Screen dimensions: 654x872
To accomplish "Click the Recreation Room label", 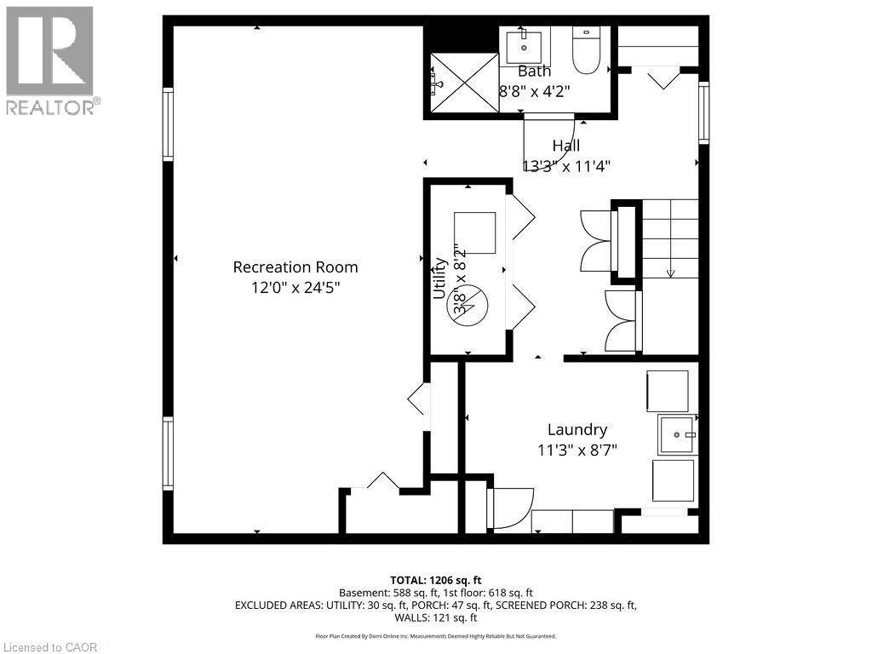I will click(x=295, y=267).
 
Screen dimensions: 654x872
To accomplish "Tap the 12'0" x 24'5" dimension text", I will click(x=295, y=288).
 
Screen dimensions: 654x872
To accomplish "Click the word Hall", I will click(x=565, y=146).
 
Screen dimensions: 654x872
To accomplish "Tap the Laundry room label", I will click(x=577, y=430).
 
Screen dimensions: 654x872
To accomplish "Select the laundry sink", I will click(x=677, y=435).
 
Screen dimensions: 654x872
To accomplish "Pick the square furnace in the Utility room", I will click(x=474, y=232).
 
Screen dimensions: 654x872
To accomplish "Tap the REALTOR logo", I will click(x=50, y=60).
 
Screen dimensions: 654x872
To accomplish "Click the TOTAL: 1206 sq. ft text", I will click(x=436, y=580).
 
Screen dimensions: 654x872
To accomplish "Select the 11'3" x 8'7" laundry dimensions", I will click(x=577, y=450).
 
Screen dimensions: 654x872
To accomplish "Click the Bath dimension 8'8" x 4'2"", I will click(x=534, y=91).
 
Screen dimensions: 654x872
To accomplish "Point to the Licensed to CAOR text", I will click(x=49, y=646).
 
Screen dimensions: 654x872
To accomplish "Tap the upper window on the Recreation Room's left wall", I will click(x=168, y=125).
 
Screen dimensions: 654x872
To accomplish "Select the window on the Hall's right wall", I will click(x=703, y=112).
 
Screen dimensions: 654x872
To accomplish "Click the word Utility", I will click(x=440, y=277).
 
